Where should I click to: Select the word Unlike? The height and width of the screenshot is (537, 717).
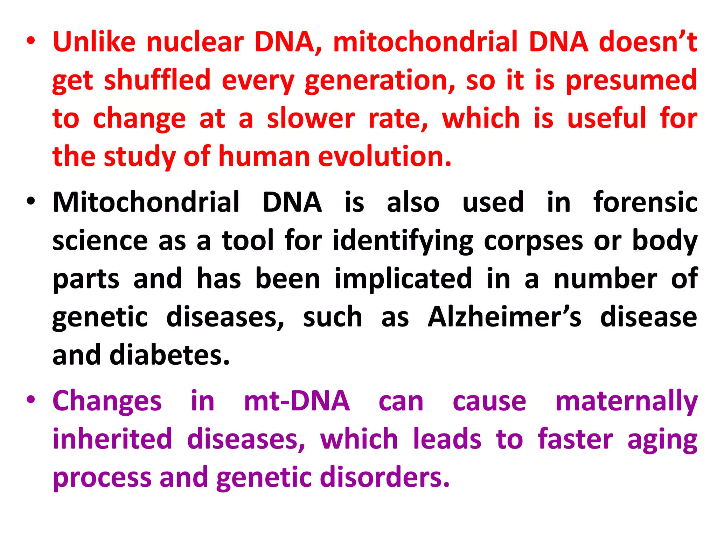94,42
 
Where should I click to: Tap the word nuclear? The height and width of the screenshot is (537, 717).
195,42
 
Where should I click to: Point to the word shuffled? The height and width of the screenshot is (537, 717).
157,80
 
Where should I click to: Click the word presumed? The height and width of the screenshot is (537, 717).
631,80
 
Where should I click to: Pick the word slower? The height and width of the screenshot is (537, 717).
311,119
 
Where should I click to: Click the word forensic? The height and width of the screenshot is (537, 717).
645,202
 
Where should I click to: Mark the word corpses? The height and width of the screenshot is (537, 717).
534,241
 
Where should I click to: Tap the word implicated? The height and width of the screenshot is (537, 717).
404,279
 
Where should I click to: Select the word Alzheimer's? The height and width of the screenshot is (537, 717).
504,317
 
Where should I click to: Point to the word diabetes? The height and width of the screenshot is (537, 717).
169,355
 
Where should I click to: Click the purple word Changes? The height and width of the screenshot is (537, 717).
107,401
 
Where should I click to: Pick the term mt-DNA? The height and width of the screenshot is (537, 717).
297,401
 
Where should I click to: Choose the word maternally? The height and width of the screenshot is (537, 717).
626,401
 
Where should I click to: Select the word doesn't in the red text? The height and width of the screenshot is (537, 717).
648,42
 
